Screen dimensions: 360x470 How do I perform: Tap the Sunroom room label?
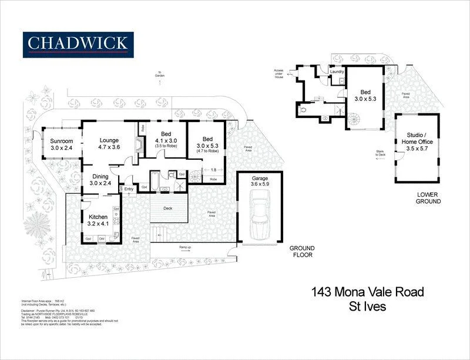click(x=61, y=144)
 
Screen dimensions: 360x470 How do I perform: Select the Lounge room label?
click(x=109, y=144)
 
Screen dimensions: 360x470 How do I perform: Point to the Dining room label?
click(x=100, y=180)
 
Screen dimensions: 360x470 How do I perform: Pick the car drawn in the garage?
click(x=259, y=218)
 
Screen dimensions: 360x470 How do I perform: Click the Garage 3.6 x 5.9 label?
click(x=259, y=181)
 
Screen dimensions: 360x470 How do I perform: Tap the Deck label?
click(x=168, y=208)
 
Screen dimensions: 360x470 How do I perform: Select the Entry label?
click(x=129, y=189)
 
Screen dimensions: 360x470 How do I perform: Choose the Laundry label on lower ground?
click(x=337, y=72)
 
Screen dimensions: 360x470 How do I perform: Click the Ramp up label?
click(x=185, y=247)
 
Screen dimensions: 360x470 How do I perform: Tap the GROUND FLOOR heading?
click(x=302, y=251)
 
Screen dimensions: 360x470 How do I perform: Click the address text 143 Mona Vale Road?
click(x=367, y=291)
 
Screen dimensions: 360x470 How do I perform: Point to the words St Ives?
click(x=367, y=306)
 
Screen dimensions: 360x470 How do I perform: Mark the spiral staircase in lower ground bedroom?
click(x=355, y=120)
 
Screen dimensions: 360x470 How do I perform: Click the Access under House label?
click(x=278, y=73)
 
